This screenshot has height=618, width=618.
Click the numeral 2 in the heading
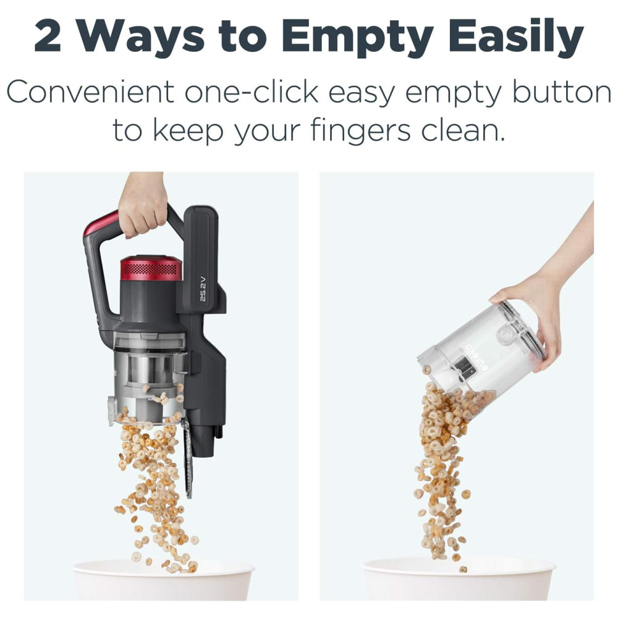[x=48, y=37]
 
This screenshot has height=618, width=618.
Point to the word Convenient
[x=90, y=91]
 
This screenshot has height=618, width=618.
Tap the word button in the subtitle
[x=562, y=91]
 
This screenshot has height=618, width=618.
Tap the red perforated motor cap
[x=151, y=268]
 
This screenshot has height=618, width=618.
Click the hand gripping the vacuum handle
[x=143, y=205]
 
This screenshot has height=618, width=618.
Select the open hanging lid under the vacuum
[x=187, y=459]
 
